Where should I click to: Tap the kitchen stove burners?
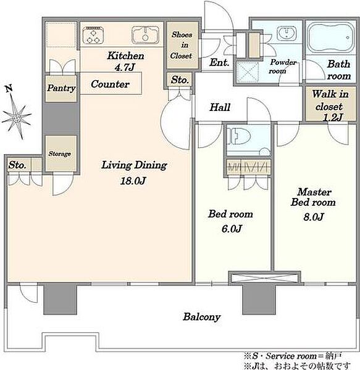pyautogui.click(x=93, y=35)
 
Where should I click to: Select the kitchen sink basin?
pyautogui.click(x=146, y=35)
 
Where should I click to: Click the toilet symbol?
pyautogui.click(x=239, y=136)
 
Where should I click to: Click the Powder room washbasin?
pyautogui.click(x=287, y=32)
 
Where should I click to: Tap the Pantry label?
pyautogui.click(x=61, y=88)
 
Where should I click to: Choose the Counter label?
pyautogui.click(x=110, y=84)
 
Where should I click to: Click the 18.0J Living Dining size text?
pyautogui.click(x=133, y=181)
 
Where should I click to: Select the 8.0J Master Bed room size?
pyautogui.click(x=313, y=216)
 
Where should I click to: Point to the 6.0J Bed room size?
pyautogui.click(x=232, y=228)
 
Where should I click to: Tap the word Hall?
pyautogui.click(x=220, y=107)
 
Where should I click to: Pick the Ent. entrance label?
pyautogui.click(x=219, y=62)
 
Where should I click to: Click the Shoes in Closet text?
pyautogui.click(x=182, y=45)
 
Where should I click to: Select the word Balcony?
pyautogui.click(x=202, y=317)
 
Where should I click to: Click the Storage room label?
pyautogui.click(x=60, y=154)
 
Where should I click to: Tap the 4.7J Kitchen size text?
pyautogui.click(x=125, y=67)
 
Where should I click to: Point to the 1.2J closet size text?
pyautogui.click(x=333, y=117)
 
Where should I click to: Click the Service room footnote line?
pyautogui.click(x=293, y=355)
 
